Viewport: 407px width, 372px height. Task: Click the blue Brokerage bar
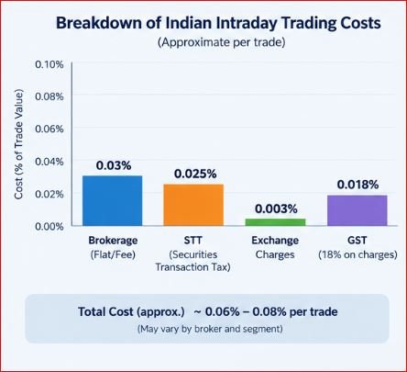click(113, 201)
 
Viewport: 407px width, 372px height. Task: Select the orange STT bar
click(193, 205)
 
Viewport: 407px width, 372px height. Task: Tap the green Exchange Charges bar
click(275, 222)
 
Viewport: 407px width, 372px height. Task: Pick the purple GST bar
click(357, 210)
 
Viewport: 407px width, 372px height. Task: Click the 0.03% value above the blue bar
click(114, 165)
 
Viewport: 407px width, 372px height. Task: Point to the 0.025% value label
click(195, 174)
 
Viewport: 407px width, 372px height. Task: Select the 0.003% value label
click(276, 209)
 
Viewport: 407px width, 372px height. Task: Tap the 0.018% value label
click(357, 185)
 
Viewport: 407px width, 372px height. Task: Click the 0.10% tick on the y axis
click(49, 64)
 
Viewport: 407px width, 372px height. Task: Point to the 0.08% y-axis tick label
click(49, 96)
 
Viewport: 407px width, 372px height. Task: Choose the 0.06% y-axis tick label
click(49, 130)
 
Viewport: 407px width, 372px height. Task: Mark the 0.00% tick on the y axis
click(49, 227)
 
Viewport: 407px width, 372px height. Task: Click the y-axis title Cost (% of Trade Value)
click(18, 144)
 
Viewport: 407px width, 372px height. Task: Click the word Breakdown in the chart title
click(99, 23)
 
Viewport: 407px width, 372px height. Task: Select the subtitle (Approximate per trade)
click(222, 42)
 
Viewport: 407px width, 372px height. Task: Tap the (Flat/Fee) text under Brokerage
click(113, 254)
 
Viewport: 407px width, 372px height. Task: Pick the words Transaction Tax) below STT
click(192, 267)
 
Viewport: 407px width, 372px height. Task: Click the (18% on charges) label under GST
click(357, 254)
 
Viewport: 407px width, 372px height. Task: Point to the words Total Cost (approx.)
click(131, 312)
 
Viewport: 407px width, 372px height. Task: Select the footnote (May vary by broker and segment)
click(210, 329)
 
